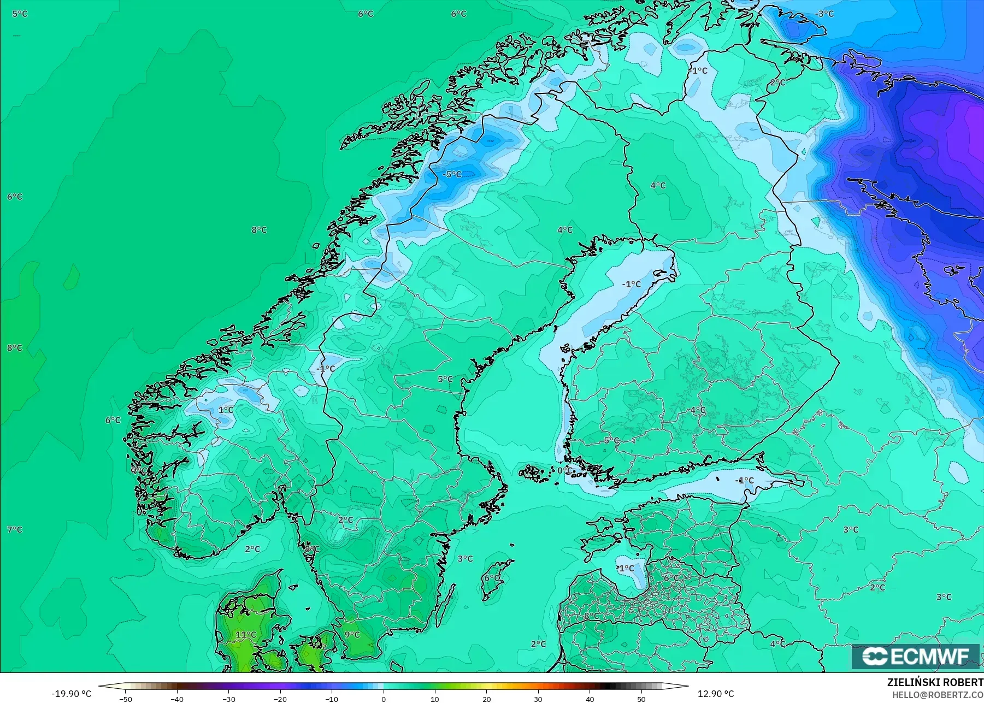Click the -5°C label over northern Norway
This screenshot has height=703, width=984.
click(x=452, y=174)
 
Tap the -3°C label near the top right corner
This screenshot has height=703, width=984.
click(x=824, y=14)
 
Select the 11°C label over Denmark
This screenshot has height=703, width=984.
click(x=246, y=635)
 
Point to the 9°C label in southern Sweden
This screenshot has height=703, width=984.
click(x=352, y=635)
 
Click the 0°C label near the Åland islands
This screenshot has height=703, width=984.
click(x=565, y=470)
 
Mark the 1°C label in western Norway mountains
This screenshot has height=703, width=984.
click(x=226, y=410)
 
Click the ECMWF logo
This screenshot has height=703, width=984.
click(x=915, y=656)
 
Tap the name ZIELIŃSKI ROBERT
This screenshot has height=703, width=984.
click(x=935, y=683)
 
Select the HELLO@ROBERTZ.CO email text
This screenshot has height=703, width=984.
click(x=938, y=695)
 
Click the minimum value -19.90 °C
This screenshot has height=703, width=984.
click(x=72, y=694)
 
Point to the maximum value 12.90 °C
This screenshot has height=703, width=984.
click(x=716, y=694)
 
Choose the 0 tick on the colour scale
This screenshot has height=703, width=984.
click(x=384, y=699)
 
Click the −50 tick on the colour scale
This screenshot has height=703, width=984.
click(x=126, y=699)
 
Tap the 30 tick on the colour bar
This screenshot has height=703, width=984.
click(x=538, y=699)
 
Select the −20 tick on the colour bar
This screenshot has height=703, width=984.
click(x=280, y=699)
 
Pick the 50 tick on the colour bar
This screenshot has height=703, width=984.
click(x=641, y=699)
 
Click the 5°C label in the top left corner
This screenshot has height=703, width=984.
click(x=20, y=14)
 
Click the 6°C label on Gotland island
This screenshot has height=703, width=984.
click(x=491, y=577)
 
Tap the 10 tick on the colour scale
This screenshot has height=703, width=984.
click(x=435, y=699)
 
